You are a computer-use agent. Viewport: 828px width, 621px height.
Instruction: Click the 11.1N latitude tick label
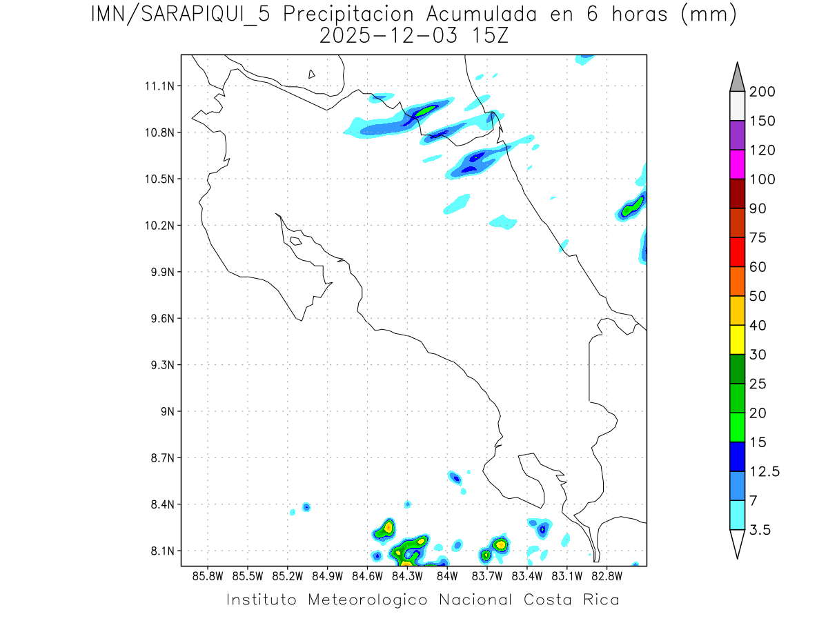(159, 86)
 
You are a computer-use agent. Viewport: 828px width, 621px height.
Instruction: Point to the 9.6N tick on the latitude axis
(161, 319)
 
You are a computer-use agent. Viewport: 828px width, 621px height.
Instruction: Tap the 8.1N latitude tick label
(161, 551)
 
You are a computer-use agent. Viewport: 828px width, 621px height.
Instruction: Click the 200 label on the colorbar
(762, 92)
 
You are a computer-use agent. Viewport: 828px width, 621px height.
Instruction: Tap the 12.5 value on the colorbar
(765, 471)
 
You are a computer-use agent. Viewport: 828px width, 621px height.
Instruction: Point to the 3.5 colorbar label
(761, 530)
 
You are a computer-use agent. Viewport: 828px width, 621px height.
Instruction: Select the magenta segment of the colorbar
(737, 164)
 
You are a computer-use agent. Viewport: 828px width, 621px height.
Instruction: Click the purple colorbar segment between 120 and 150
(737, 135)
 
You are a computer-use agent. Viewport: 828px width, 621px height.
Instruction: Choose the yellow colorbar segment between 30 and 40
(737, 339)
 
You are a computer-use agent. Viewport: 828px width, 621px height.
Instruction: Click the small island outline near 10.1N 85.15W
(295, 241)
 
